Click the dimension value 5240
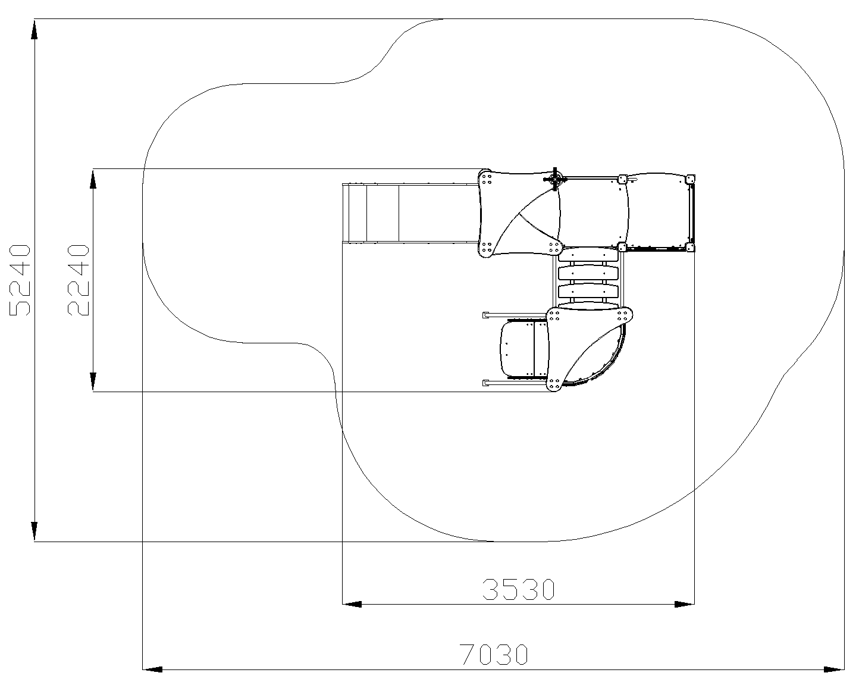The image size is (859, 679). [x=20, y=280]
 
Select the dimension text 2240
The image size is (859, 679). [x=79, y=280]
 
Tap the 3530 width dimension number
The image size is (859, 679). [x=519, y=590]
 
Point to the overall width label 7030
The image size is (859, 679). [x=494, y=654]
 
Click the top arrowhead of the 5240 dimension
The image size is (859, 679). [x=35, y=30]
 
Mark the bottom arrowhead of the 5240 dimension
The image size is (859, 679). [x=35, y=531]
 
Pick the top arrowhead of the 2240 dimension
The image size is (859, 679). [x=93, y=179]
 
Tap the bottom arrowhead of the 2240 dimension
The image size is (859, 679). [x=93, y=381]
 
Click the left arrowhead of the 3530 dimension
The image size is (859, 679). [x=352, y=604]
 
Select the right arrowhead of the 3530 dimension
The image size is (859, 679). [x=685, y=604]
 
